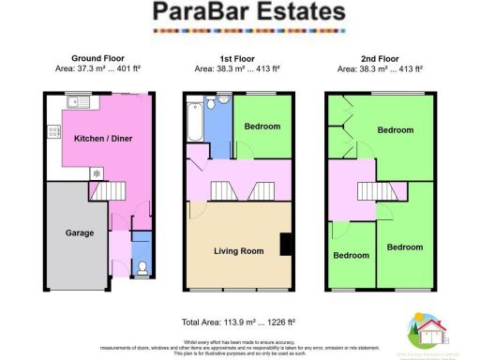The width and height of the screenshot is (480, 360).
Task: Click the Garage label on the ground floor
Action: tap(77, 232)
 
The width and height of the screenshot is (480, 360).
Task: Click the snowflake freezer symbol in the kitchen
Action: tap(96, 173)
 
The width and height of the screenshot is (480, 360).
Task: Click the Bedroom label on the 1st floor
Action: tap(256, 127)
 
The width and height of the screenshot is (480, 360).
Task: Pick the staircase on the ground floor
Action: tap(111, 192)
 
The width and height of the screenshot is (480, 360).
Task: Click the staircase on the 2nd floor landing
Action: tap(373, 192)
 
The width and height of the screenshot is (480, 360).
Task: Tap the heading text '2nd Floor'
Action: tap(381, 57)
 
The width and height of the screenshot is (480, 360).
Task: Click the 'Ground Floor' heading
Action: tap(97, 57)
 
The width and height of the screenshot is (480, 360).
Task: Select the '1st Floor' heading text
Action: tap(238, 57)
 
